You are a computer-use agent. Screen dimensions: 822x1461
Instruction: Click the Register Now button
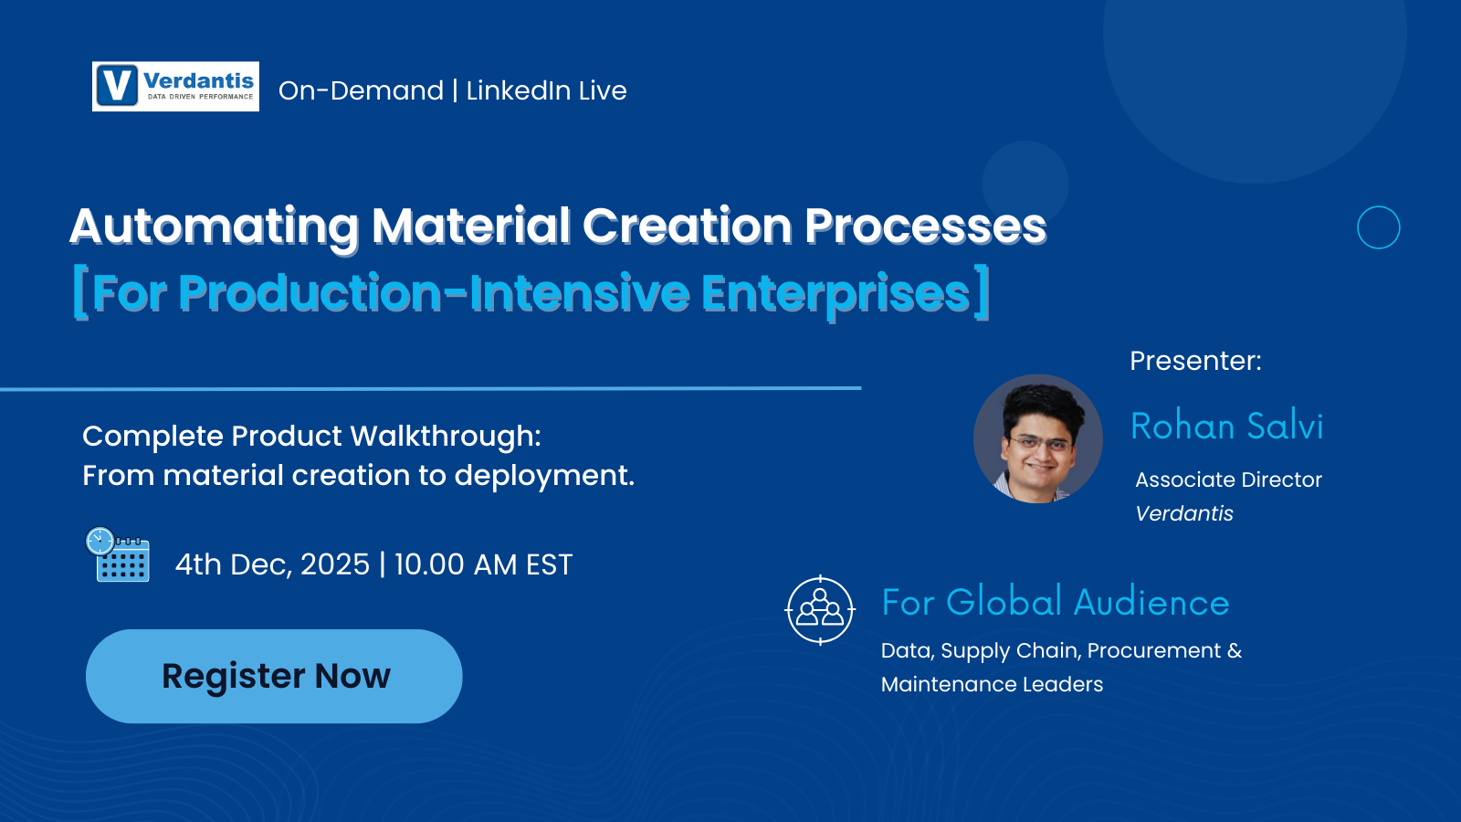274,676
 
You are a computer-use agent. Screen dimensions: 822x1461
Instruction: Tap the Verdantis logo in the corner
175,87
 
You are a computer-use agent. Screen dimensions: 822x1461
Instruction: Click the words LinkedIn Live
546,90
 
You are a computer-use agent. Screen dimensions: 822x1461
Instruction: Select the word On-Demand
361,90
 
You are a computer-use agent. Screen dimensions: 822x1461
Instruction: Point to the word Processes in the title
925,227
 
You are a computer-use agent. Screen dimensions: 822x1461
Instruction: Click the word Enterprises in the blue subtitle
835,293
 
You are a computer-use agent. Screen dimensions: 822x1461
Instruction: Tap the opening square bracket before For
80,293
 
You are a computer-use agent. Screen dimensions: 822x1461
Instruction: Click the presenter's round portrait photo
1038,438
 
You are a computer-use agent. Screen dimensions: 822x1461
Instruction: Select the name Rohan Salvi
1226,427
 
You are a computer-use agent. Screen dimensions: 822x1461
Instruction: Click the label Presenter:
1195,361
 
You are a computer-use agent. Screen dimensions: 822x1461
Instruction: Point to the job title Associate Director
1228,479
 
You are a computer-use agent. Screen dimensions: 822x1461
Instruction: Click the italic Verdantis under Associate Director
1184,513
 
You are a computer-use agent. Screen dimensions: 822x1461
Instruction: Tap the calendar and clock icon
118,554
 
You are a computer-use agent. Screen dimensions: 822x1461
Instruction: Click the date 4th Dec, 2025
272,564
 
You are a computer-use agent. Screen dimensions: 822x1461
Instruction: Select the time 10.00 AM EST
483,564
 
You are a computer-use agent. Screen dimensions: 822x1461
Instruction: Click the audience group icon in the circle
820,610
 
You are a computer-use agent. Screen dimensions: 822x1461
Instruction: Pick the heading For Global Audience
1055,603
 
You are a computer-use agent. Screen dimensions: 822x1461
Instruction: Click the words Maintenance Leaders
992,684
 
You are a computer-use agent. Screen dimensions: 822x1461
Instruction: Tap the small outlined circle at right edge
1378,227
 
